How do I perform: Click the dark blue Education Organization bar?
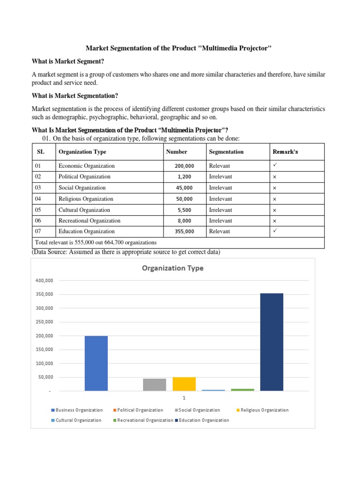coord(271,342)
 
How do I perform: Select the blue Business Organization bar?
coord(96,363)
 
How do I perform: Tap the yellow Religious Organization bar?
coord(184,384)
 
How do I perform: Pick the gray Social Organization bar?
coord(154,384)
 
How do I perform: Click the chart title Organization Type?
coord(172,269)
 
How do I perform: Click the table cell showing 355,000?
coord(185,232)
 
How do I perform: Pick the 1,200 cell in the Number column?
coord(185,177)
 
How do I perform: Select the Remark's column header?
coord(285,152)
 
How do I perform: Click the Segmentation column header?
coord(226,152)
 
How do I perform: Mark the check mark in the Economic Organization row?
coord(276,165)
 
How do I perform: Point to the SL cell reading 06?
coord(38,221)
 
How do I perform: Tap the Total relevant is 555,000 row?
coord(96,243)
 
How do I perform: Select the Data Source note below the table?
coord(126,252)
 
